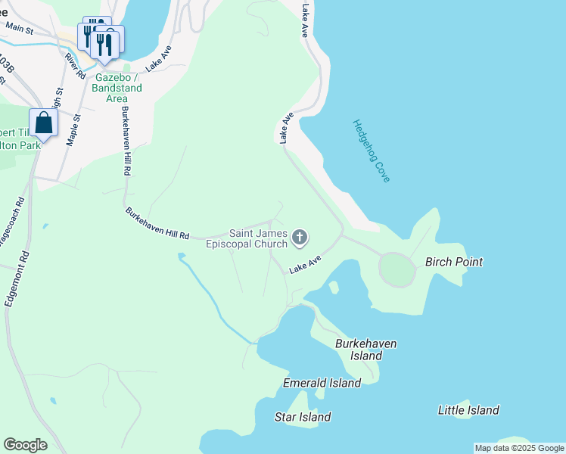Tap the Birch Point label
coord(454,263)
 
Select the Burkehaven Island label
coord(365,350)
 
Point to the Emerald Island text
coord(322,384)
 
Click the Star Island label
coord(303,417)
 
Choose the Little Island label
coord(468,410)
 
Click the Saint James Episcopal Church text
coord(247,238)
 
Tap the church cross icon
coord(300,238)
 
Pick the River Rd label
coord(75,66)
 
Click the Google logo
coord(25,445)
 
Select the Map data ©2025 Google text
coord(519,448)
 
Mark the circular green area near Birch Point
coord(397,269)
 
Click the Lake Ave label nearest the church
coord(305,263)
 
